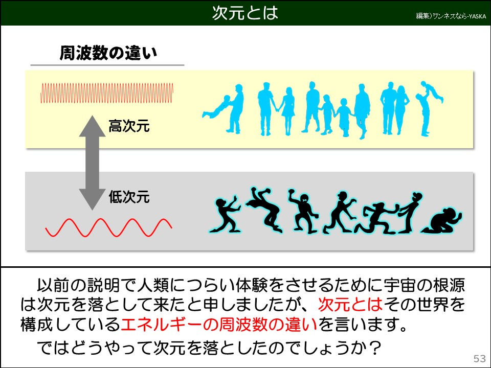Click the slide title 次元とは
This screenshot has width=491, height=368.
pos(245,13)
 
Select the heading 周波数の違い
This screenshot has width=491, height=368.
pos(108,53)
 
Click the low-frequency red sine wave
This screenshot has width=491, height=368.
pos(108,228)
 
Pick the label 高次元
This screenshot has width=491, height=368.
pos(129,127)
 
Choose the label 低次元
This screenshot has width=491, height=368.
pos(129,197)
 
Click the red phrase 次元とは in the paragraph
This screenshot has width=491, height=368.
pos(350,305)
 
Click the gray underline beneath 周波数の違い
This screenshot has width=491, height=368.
pos(107,65)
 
